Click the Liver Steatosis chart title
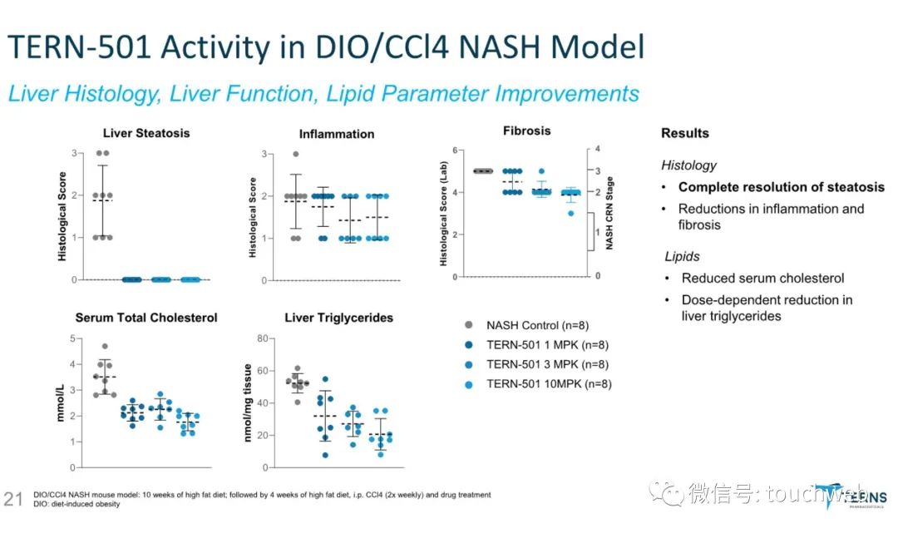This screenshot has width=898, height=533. point(146,133)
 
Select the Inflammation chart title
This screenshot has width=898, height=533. point(337,134)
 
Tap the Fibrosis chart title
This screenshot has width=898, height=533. point(526,131)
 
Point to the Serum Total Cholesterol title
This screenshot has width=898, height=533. point(146,318)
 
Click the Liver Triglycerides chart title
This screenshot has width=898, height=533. point(338,318)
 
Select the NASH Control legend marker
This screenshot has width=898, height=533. point(470,325)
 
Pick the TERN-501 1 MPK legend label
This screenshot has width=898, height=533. point(547,345)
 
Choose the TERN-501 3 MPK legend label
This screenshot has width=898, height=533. point(547,364)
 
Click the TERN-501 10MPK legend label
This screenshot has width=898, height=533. point(547,383)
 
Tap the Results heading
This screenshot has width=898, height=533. point(685,133)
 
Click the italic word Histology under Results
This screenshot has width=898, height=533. point(688,165)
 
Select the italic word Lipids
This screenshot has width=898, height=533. point(682,257)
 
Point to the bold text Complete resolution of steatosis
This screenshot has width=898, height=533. point(781,187)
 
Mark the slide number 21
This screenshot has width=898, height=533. point(13,498)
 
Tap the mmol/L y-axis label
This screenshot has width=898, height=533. point(61,400)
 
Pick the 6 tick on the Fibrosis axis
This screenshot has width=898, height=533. point(455,150)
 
